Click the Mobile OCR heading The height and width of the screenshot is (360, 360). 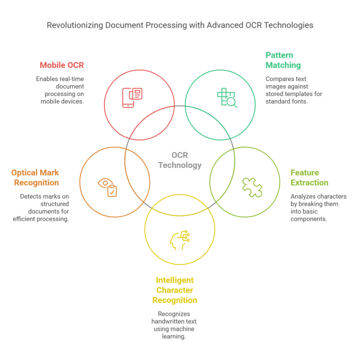(62, 65)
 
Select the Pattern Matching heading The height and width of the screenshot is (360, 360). (283, 60)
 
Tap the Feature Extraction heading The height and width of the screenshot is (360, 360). (309, 177)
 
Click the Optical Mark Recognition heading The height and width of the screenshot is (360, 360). (35, 178)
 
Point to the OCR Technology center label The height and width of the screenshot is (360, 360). (179, 160)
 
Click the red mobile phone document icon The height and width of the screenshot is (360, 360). (133, 97)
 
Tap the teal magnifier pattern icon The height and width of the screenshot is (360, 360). (227, 97)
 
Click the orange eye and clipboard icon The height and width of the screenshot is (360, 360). (108, 187)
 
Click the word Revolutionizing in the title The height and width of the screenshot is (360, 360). (74, 26)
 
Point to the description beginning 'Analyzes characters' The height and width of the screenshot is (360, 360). (317, 208)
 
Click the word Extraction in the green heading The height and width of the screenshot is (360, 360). (309, 182)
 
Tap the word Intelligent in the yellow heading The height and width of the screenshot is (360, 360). (175, 280)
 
